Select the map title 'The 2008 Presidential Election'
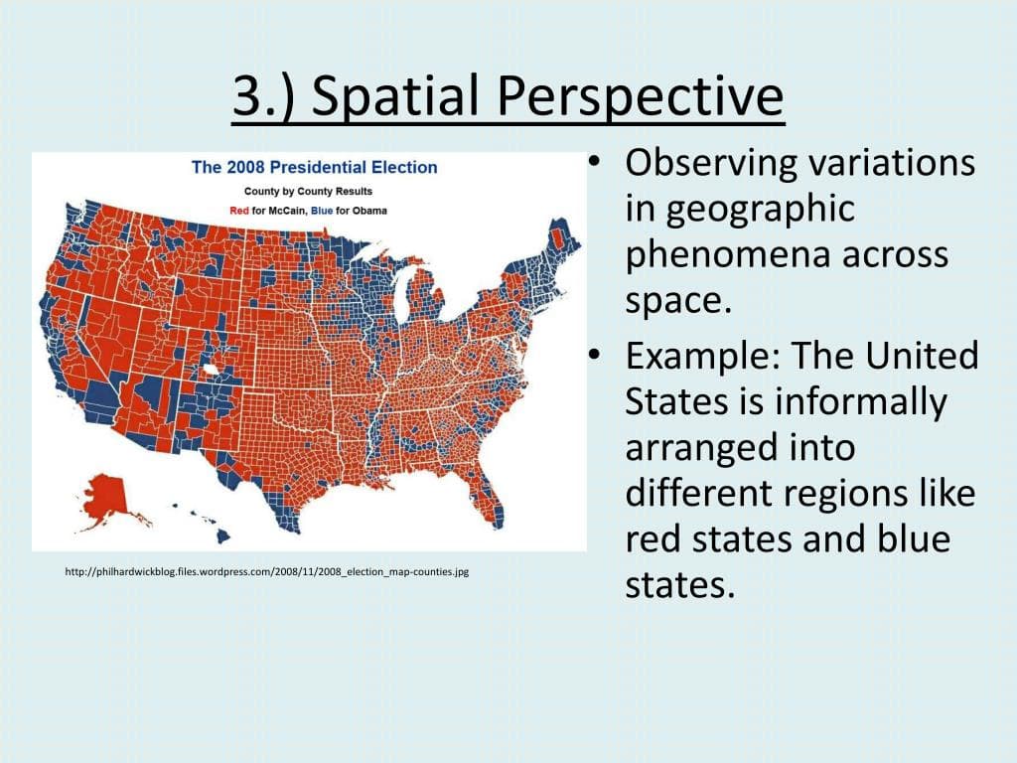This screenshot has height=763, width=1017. click(x=314, y=167)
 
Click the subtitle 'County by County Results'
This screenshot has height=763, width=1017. click(x=308, y=190)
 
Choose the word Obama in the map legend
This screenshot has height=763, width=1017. click(x=368, y=211)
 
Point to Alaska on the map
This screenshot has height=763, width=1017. click(x=105, y=496)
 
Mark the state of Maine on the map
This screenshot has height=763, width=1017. click(x=562, y=238)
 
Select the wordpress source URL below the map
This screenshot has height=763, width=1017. click(x=265, y=572)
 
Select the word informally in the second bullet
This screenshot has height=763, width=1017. click(x=860, y=402)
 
